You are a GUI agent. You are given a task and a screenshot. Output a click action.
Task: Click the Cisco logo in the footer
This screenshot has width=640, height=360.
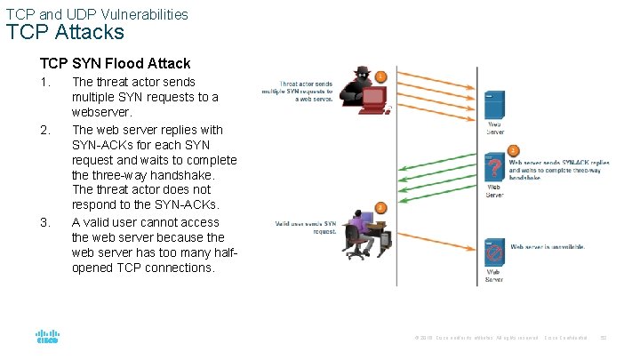47,338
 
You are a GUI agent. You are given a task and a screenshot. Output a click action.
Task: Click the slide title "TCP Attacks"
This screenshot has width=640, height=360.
65,33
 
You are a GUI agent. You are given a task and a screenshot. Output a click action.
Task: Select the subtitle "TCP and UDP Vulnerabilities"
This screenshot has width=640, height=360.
97,13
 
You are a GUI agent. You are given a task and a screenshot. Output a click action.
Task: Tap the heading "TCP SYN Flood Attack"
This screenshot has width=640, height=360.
115,63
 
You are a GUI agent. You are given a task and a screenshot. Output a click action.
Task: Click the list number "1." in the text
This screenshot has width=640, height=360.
45,82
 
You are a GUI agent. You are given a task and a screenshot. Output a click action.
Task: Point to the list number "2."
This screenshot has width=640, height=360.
45,130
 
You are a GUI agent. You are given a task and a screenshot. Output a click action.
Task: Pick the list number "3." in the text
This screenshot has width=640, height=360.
45,222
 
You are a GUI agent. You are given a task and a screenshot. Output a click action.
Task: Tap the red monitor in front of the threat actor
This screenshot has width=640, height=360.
372,103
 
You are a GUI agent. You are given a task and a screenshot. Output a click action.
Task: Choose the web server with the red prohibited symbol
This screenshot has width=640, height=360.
494,252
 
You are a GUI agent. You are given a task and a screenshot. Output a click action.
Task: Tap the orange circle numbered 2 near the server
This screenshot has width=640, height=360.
513,151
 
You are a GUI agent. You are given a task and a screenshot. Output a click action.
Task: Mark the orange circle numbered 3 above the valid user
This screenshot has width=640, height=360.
380,207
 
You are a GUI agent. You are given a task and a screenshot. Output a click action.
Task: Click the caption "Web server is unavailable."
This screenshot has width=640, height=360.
547,246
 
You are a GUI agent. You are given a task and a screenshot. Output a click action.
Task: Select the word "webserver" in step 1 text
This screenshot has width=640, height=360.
101,113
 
